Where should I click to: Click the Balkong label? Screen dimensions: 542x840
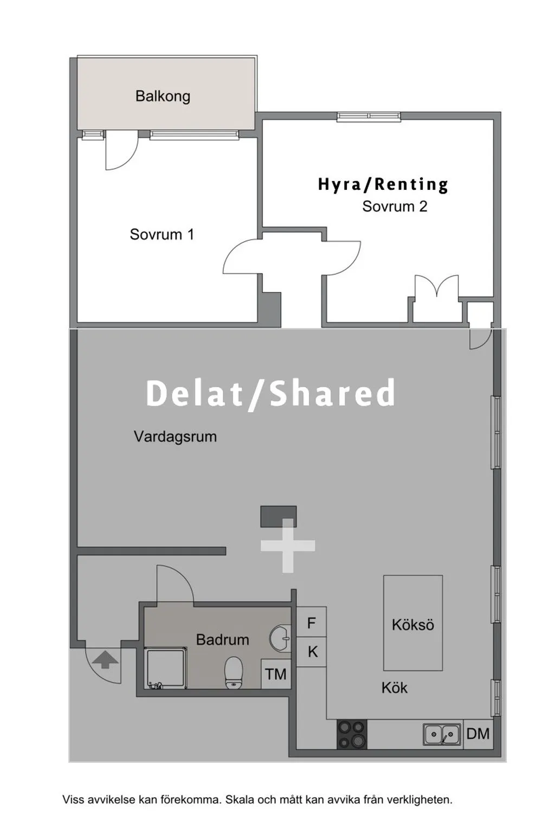[163, 97]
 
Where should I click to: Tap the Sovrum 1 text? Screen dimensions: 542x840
[162, 234]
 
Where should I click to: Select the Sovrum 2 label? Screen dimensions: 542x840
[395, 206]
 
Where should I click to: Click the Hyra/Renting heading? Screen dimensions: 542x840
[383, 185]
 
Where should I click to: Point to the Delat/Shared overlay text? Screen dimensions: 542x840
[270, 393]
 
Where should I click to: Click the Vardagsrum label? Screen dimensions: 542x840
[176, 437]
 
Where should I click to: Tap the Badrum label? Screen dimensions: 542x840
[223, 639]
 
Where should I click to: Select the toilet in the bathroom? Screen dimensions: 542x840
[234, 672]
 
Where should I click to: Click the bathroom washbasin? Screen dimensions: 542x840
[280, 637]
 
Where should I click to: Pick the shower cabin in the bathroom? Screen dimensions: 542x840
[166, 669]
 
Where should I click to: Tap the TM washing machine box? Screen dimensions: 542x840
[276, 674]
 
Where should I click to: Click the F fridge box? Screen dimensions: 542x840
[311, 623]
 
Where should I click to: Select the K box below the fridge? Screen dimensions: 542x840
[312, 652]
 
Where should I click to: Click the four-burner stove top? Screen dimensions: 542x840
[352, 734]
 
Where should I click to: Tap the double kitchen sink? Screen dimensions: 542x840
[442, 734]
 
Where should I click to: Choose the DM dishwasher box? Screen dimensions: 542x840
[478, 734]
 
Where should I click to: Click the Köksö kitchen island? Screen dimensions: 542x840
[413, 623]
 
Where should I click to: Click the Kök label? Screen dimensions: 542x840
[395, 688]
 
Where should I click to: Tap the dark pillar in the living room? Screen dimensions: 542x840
[279, 516]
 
